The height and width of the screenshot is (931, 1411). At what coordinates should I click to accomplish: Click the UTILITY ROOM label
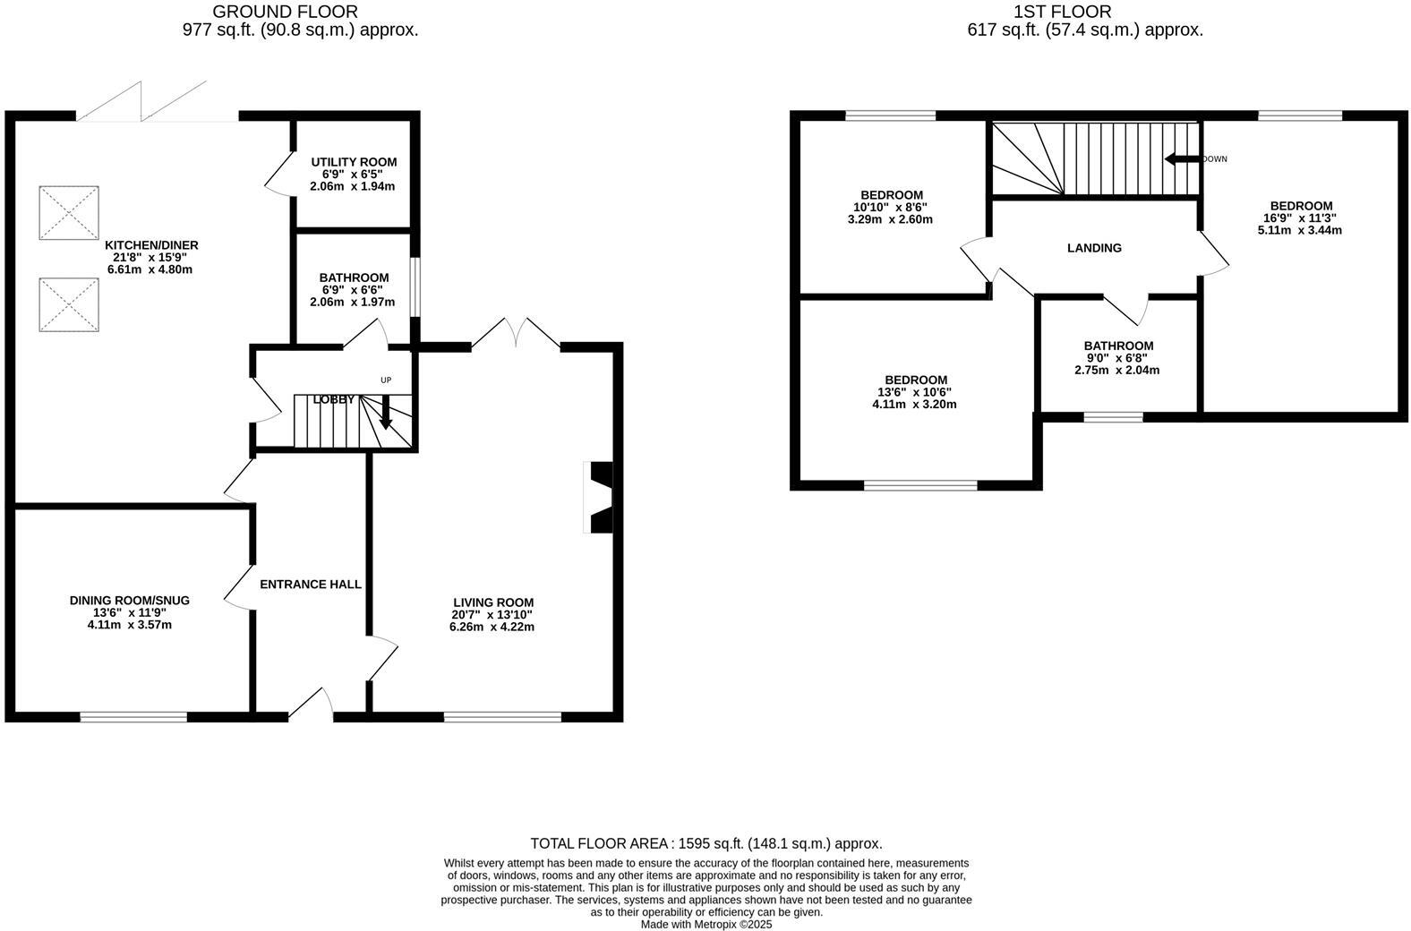pyautogui.click(x=354, y=162)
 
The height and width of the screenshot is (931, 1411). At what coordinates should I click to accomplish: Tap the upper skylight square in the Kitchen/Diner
pyautogui.click(x=69, y=212)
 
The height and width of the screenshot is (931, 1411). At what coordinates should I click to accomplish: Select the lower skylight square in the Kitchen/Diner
pyautogui.click(x=69, y=304)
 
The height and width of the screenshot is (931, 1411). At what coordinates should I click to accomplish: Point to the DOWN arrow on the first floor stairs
pyautogui.click(x=1181, y=159)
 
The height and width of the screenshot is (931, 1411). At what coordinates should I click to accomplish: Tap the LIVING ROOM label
pyautogui.click(x=492, y=602)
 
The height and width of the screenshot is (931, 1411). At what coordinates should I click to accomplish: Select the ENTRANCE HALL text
pyautogui.click(x=311, y=585)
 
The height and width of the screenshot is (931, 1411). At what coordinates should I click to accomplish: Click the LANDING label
pyautogui.click(x=1094, y=248)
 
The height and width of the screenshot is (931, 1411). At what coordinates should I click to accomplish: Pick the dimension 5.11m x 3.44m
pyautogui.click(x=1299, y=230)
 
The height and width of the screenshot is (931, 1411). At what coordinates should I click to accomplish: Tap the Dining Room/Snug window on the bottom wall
pyautogui.click(x=133, y=716)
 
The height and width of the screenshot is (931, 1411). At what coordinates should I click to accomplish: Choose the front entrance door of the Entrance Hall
pyautogui.click(x=311, y=705)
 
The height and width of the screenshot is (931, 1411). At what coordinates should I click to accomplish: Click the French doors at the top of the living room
pyautogui.click(x=517, y=334)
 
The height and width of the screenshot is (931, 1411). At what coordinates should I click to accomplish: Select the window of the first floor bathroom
pyautogui.click(x=1113, y=416)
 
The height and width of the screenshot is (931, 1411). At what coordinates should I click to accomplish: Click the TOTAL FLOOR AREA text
pyautogui.click(x=705, y=843)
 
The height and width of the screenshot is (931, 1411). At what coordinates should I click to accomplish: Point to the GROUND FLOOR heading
pyautogui.click(x=285, y=12)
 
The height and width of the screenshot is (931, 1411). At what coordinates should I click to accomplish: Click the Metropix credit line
pyautogui.click(x=705, y=925)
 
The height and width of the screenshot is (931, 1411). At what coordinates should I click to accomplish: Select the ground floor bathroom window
pyautogui.click(x=415, y=286)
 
